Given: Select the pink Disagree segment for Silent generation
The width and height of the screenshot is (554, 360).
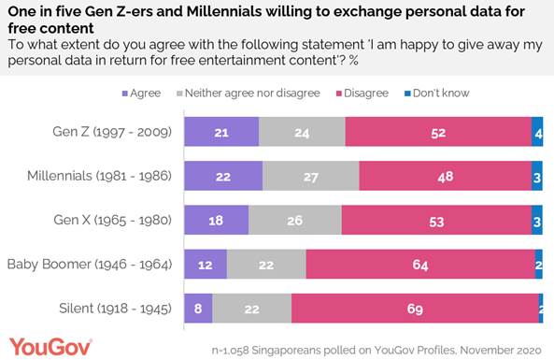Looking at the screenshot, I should [414, 308].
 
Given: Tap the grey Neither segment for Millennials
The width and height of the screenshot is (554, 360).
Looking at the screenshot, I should [310, 175].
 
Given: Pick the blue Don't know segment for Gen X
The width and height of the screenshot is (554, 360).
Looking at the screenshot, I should [537, 220].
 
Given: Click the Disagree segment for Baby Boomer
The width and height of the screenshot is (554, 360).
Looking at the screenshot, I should [420, 264].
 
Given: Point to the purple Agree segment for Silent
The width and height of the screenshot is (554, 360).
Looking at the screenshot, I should [198, 308].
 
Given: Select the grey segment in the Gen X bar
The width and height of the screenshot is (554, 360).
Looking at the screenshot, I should [294, 220].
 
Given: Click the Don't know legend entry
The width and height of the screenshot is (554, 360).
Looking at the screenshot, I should [437, 94].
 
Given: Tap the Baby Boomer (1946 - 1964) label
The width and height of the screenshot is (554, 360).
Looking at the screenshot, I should [90, 264].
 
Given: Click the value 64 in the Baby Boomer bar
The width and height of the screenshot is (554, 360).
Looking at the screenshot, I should [420, 264].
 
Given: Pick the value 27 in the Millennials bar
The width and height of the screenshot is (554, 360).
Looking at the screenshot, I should [310, 175].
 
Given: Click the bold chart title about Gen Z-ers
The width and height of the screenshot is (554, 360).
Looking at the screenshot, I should [271, 19].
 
